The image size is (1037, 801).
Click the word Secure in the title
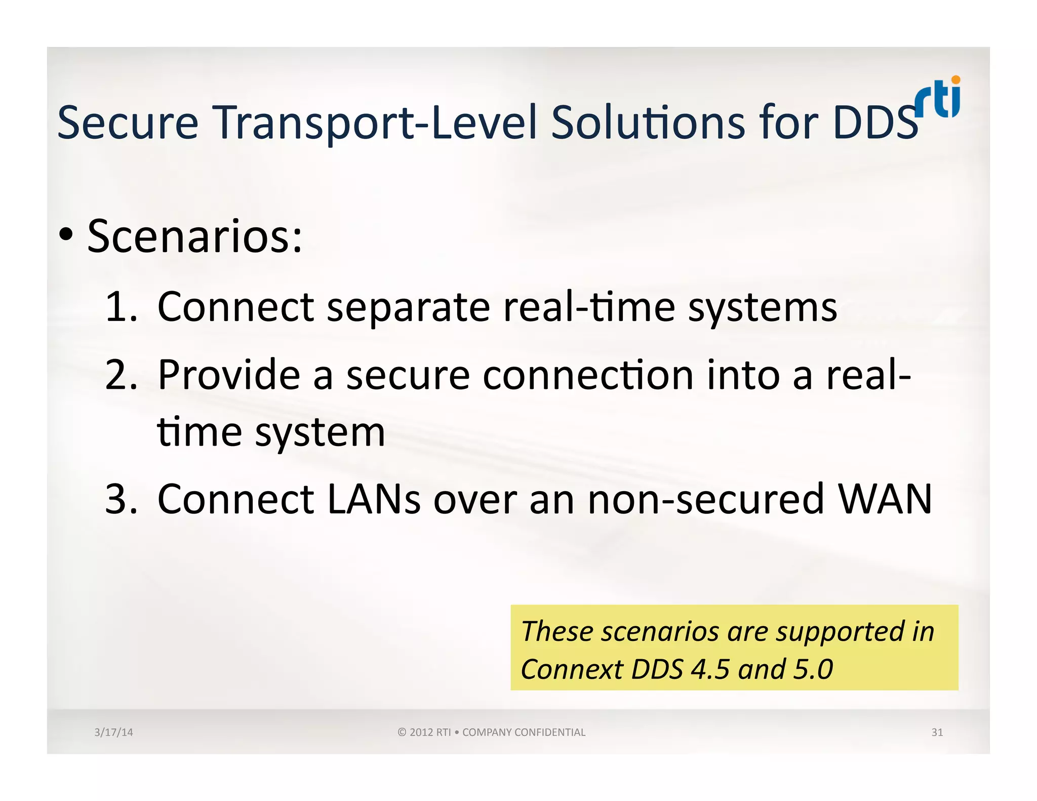[128, 123]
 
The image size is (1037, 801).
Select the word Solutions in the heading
[648, 123]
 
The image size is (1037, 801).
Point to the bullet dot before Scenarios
[66, 234]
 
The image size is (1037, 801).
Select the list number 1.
[120, 307]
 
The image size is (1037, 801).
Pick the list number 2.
[121, 375]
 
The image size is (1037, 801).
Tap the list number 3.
[121, 499]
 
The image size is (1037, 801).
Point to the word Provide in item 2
[229, 375]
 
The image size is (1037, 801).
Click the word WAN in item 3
[884, 499]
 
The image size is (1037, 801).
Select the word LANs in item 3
[374, 499]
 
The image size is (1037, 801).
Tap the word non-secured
[706, 499]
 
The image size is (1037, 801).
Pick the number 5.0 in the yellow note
[813, 669]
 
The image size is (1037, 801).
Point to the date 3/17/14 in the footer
[113, 732]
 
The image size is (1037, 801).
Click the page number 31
[937, 732]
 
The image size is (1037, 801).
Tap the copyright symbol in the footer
[402, 732]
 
